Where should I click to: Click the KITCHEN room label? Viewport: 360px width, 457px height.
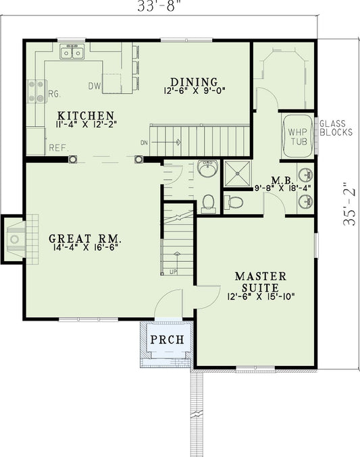(85, 115)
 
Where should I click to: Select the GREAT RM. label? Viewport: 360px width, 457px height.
(85, 238)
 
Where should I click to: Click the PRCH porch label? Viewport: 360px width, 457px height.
(167, 339)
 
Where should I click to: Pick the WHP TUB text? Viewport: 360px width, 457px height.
(298, 136)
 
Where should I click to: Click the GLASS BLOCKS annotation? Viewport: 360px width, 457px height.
(336, 128)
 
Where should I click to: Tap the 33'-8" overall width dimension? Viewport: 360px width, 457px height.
(159, 5)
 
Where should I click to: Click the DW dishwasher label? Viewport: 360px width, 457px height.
(95, 86)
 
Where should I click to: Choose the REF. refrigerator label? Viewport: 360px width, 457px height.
(57, 147)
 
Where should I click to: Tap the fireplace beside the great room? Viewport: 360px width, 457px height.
(15, 238)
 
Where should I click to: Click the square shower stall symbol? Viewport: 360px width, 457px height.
(237, 173)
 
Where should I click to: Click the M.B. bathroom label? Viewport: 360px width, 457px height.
(281, 180)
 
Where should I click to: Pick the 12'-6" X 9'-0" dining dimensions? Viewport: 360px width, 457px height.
(193, 90)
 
